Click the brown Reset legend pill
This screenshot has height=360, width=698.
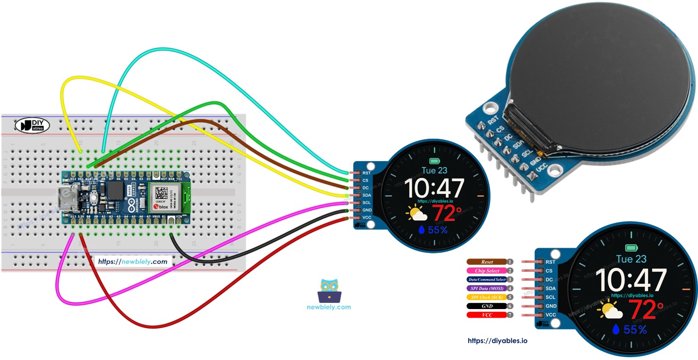[x=487, y=262]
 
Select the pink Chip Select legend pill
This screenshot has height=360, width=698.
[x=487, y=271]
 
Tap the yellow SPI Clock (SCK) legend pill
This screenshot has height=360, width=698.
[x=487, y=297]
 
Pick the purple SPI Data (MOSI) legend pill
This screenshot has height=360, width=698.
[x=487, y=288]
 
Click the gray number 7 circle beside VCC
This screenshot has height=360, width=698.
[x=510, y=315]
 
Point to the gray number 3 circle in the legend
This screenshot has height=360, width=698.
[x=510, y=279]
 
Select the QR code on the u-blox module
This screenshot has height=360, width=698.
[x=161, y=193]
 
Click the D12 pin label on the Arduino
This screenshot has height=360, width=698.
[x=73, y=179]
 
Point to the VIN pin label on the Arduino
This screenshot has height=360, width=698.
[x=179, y=216]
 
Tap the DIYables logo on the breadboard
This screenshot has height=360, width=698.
[x=32, y=125]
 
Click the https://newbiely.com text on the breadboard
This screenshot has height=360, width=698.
[x=132, y=261]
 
